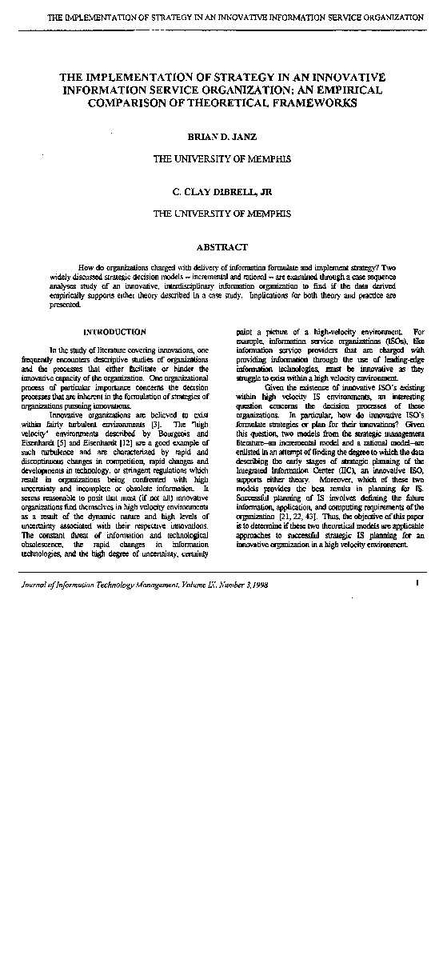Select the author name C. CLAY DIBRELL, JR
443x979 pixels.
pos(221,193)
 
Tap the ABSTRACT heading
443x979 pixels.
pos(221,247)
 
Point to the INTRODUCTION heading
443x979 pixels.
pos(114,331)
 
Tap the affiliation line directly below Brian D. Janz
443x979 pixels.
pos(221,159)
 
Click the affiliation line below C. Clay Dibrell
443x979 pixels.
pos(221,214)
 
